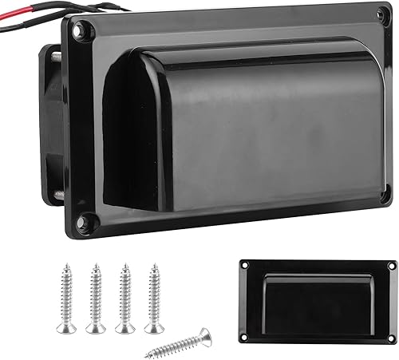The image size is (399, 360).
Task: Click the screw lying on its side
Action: [179, 342]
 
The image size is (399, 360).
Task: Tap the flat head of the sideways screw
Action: [206, 332]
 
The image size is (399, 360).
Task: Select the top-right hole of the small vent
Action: [391, 266]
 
